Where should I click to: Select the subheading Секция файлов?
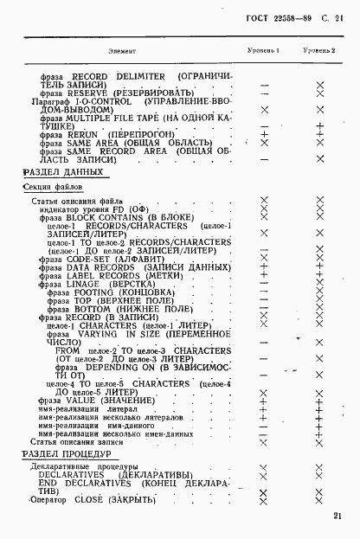point(53,186)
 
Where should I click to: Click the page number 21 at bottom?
point(336,517)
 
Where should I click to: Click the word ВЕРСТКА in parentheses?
point(132,284)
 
